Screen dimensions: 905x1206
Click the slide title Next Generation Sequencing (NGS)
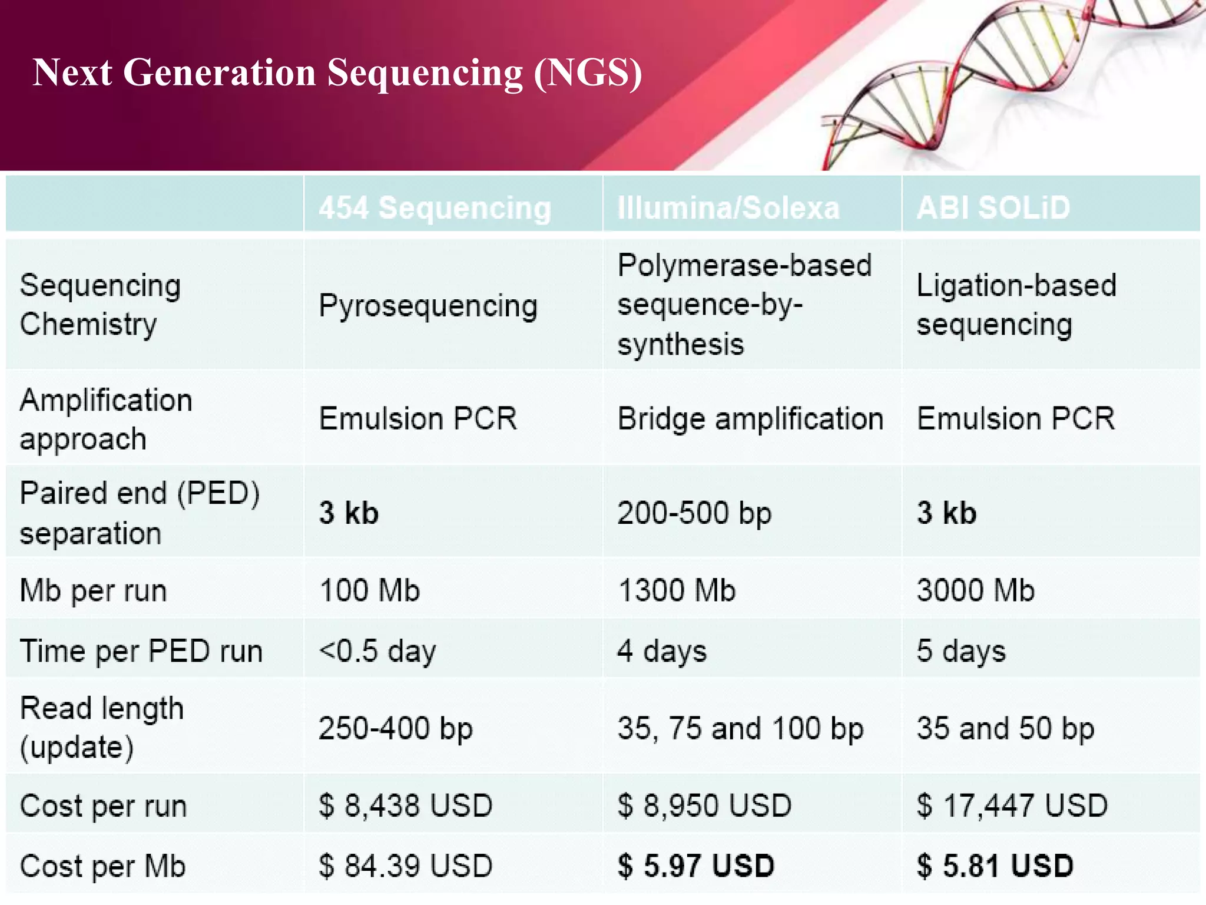[337, 73]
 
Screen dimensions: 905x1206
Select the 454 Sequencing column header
[435, 208]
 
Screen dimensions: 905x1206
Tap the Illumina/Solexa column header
[728, 208]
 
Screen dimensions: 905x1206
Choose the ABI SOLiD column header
[993, 207]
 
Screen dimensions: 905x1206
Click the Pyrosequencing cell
[428, 306]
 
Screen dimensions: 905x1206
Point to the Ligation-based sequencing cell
[1016, 305]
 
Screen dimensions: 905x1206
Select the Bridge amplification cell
[750, 419]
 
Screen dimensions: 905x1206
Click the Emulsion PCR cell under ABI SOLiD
[1016, 419]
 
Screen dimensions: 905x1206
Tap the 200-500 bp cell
[694, 513]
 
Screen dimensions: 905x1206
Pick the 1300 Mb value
[677, 590]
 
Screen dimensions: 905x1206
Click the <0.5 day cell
[377, 651]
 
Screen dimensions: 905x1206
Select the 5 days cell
[961, 651]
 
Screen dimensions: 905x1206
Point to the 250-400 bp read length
[396, 728]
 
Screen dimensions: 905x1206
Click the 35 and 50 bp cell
[1005, 728]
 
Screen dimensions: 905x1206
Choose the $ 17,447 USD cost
[1012, 805]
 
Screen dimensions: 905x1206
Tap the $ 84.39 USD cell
[405, 866]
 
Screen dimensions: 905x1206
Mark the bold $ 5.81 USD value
[995, 866]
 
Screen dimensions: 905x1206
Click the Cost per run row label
[103, 806]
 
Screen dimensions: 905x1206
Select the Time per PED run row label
[141, 652]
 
